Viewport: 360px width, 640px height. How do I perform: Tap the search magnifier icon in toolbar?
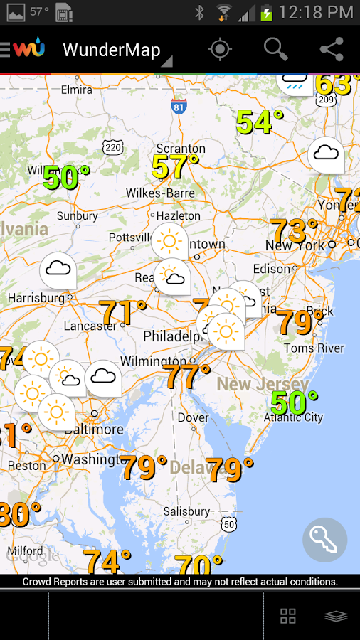coord(275,49)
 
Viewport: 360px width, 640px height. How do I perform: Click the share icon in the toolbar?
coord(332,49)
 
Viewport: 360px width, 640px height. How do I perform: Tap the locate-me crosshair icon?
coord(220,49)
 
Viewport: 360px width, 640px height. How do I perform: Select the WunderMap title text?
coord(111,50)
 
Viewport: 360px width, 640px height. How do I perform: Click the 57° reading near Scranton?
coord(175,167)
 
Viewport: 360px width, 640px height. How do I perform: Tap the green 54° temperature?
coord(260,122)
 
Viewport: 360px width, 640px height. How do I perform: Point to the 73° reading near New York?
coord(294,232)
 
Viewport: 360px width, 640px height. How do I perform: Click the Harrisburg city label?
coord(36,297)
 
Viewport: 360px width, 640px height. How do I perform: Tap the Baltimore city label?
coord(94,430)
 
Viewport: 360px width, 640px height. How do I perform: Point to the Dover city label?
coord(193,417)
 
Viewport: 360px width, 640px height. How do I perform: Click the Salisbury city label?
coord(187,511)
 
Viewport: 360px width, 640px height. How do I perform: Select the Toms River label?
coord(314,348)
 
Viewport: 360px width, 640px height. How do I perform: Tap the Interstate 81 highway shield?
coord(179,107)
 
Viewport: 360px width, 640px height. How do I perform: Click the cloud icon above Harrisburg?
coord(58,270)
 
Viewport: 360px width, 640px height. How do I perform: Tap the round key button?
coord(325,540)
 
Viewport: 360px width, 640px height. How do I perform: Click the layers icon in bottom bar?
coord(336,616)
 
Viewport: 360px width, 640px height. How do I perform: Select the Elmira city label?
coord(76,90)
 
